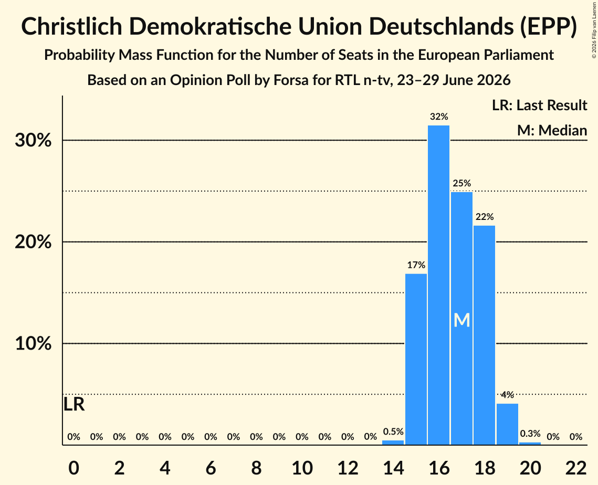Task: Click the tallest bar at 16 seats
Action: (438, 285)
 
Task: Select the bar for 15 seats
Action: (416, 359)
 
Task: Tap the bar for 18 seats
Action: (485, 335)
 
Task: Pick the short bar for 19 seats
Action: (507, 424)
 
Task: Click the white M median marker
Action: (461, 320)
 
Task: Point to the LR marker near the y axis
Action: (74, 405)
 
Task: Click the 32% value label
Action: (438, 117)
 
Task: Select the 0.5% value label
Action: (393, 431)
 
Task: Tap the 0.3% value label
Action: (530, 434)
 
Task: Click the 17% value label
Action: (416, 265)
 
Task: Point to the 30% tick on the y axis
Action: (33, 140)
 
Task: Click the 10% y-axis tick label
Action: (33, 343)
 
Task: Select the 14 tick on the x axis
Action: (393, 468)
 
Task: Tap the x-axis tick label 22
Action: (576, 468)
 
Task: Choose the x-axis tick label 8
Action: (256, 468)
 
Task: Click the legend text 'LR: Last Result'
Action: (539, 105)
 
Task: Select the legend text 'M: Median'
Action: (552, 131)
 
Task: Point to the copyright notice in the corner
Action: (594, 30)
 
